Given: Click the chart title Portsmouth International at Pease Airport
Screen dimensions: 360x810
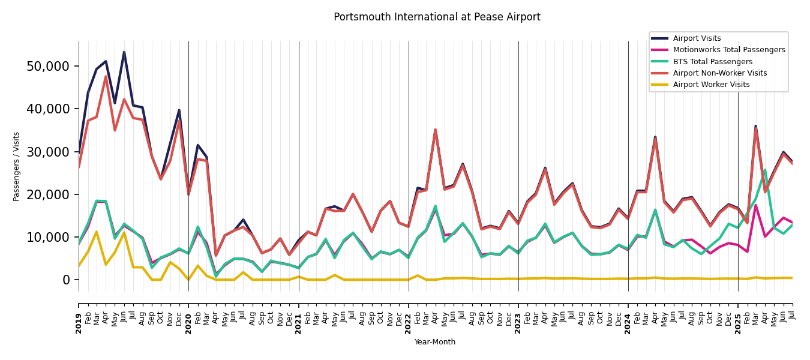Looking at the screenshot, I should [437, 17].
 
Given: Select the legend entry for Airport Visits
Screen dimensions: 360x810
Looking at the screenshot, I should [697, 38].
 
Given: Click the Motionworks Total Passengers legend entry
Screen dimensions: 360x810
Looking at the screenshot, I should [728, 50].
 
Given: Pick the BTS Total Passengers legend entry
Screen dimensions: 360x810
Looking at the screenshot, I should [712, 62].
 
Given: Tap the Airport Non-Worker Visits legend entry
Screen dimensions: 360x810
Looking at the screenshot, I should [719, 73].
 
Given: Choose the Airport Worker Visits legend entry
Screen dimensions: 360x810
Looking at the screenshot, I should [711, 85].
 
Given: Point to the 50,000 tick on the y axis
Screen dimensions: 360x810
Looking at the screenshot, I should [48, 66].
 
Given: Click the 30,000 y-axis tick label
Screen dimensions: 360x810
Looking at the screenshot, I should [48, 152].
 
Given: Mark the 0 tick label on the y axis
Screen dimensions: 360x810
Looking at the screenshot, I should [66, 280].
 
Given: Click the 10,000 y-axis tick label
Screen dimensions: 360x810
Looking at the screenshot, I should [48, 238].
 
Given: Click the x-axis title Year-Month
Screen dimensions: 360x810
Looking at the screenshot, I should [435, 342].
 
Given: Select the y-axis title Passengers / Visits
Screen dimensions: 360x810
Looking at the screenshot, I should [17, 166].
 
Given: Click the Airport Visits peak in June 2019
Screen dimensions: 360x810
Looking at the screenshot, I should [124, 52].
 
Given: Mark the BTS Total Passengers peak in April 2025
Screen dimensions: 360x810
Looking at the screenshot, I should [765, 170].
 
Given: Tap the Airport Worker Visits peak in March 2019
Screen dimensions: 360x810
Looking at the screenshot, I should [97, 232].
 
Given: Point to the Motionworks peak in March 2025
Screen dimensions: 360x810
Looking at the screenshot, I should [756, 205].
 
